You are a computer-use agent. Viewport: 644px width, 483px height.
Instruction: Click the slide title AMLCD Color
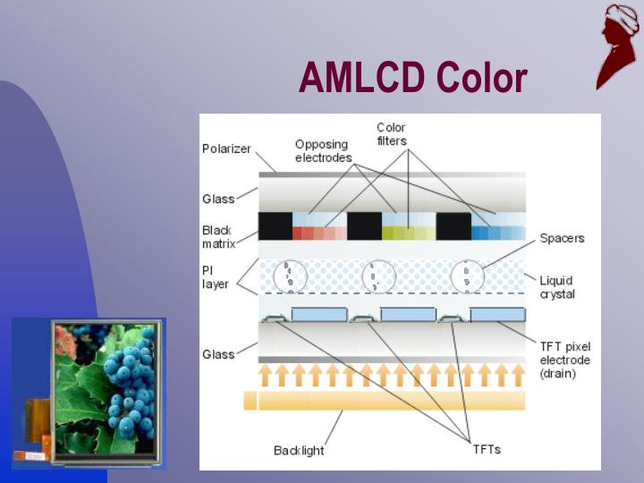pyautogui.click(x=412, y=78)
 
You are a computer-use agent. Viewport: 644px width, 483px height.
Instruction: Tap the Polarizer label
pyautogui.click(x=226, y=148)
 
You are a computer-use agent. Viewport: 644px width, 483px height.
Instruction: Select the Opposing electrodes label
pyautogui.click(x=323, y=151)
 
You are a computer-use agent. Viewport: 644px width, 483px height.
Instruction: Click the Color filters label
pyautogui.click(x=391, y=134)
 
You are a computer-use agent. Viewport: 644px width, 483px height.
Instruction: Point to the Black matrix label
pyautogui.click(x=217, y=236)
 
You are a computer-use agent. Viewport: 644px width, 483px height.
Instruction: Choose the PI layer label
pyautogui.click(x=215, y=276)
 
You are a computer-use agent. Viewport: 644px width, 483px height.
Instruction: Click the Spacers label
pyautogui.click(x=562, y=238)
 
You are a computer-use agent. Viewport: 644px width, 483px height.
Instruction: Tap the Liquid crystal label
pyautogui.click(x=556, y=287)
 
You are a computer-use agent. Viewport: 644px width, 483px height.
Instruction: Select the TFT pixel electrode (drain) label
pyautogui.click(x=564, y=360)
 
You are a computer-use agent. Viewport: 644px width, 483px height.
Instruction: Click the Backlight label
pyautogui.click(x=299, y=450)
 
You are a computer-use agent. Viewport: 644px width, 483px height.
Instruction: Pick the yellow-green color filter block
pyautogui.click(x=409, y=233)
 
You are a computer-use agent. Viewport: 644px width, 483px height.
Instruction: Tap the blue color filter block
pyautogui.click(x=498, y=233)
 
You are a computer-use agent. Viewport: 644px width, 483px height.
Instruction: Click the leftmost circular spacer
pyautogui.click(x=289, y=276)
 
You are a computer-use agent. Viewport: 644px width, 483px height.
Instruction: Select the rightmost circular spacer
pyautogui.click(x=467, y=276)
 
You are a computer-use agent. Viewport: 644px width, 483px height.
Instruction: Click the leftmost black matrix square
pyautogui.click(x=275, y=225)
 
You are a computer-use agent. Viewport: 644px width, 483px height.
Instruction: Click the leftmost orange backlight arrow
pyautogui.click(x=266, y=374)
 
